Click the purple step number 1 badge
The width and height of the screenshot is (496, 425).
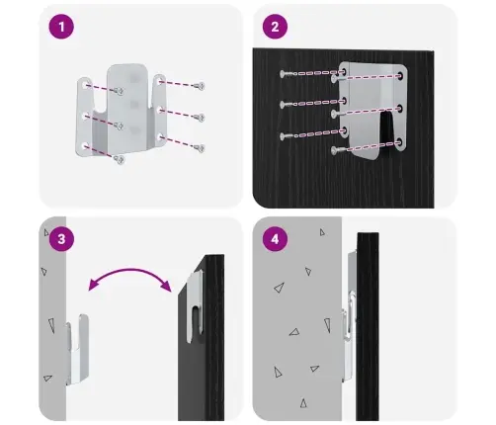pos(61,27)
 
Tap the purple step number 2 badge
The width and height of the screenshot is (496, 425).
pos(275,27)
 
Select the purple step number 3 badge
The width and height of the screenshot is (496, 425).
pos(61,239)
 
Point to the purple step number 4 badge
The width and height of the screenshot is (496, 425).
pos(275,239)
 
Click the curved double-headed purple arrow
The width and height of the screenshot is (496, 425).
pos(130,271)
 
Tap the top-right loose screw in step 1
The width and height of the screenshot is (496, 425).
pos(200,86)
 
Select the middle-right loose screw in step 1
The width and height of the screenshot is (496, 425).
pos(200,118)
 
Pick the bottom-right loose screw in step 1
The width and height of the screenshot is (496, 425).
pos(201,148)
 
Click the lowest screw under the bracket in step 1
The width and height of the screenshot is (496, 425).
pos(120,160)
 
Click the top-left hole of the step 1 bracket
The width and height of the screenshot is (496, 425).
pos(85,85)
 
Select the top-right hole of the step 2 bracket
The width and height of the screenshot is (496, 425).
pos(401,75)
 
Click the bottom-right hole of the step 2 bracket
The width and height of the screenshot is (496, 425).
pos(400,142)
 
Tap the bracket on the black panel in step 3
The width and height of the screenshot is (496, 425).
pos(195,306)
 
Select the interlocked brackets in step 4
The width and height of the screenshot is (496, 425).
pos(350,316)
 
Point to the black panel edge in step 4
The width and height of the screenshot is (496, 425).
pos(368,326)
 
